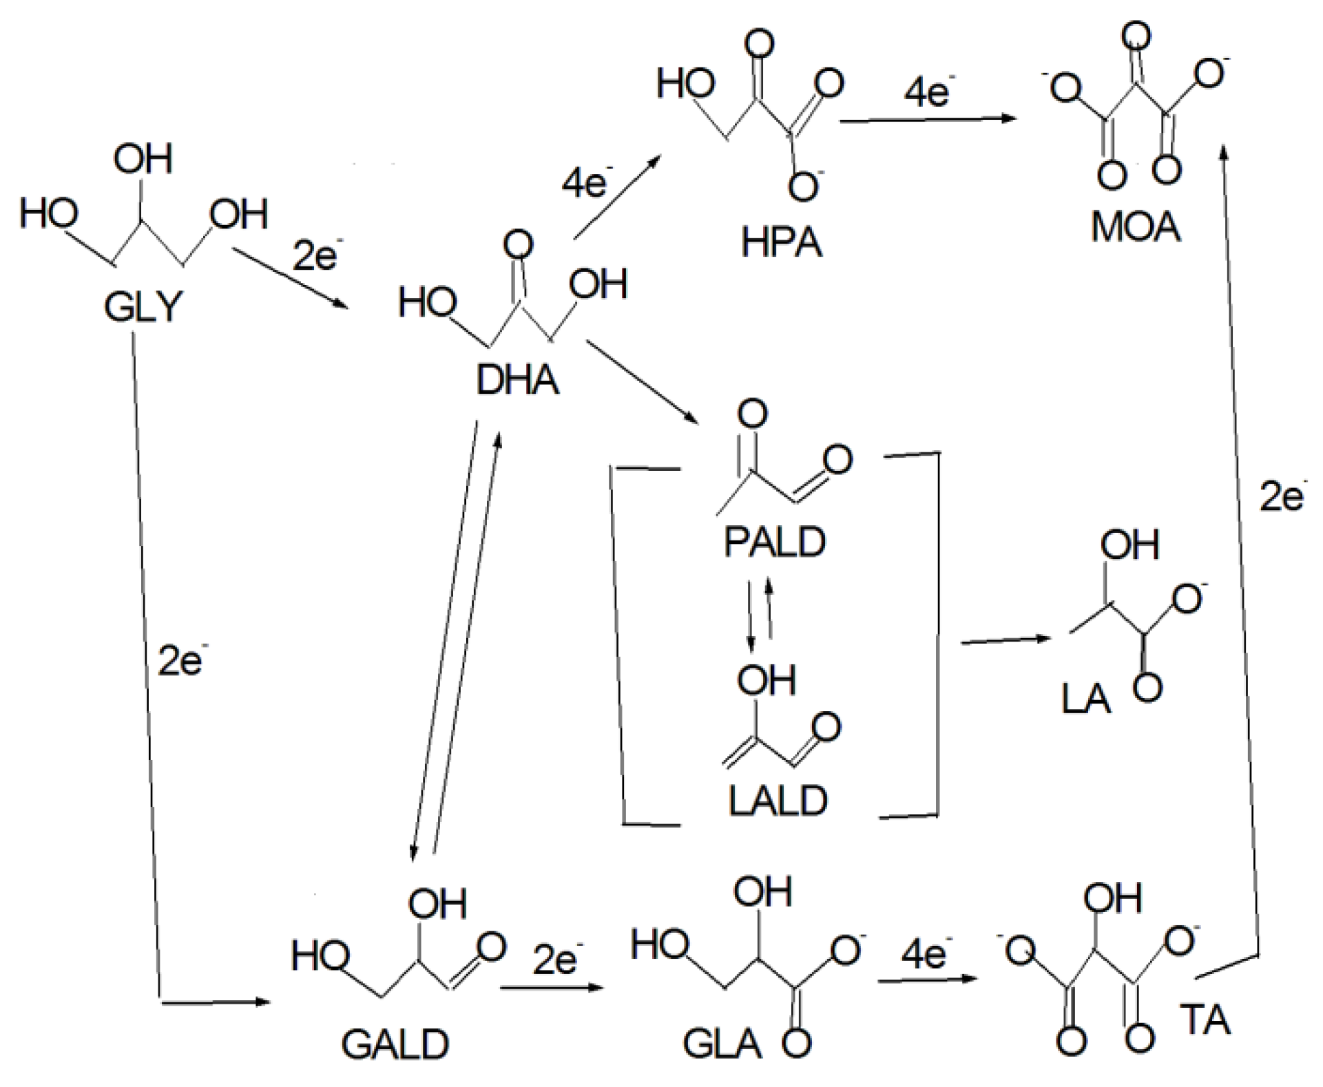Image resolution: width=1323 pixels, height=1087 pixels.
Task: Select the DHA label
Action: tap(517, 381)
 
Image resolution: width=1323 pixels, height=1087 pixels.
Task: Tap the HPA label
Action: tap(781, 242)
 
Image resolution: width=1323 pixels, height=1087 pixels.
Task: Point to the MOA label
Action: tap(1136, 227)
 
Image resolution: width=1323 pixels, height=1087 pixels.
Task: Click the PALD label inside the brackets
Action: tap(774, 542)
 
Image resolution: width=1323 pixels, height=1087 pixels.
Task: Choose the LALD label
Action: tap(778, 801)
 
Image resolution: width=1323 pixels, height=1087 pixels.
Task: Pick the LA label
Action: tap(1086, 699)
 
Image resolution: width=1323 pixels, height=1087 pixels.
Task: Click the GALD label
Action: tap(395, 1045)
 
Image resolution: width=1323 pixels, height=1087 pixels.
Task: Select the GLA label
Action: tap(722, 1044)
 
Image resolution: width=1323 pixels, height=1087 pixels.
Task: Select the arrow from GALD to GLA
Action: tap(551, 987)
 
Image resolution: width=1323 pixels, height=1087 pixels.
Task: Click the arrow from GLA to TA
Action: tap(927, 979)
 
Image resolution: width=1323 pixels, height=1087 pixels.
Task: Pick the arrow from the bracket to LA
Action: tap(1005, 640)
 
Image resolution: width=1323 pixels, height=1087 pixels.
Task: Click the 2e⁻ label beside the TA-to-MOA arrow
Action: tap(1282, 496)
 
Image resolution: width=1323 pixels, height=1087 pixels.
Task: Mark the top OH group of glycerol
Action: tap(143, 160)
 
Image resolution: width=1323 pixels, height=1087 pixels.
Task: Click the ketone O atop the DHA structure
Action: tap(518, 245)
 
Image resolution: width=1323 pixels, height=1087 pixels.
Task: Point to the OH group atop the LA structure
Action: tap(1129, 545)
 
